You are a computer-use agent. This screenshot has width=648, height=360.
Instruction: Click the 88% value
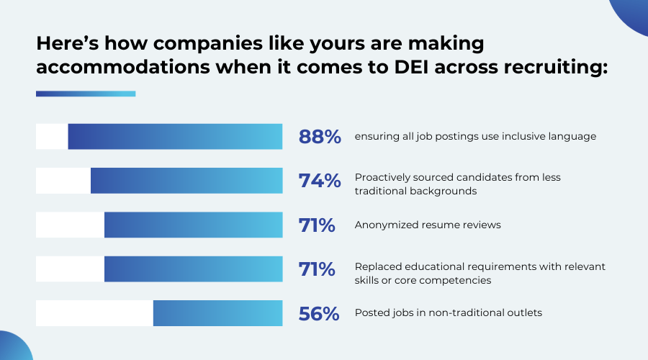tap(320, 137)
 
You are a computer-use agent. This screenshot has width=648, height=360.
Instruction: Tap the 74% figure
tap(320, 181)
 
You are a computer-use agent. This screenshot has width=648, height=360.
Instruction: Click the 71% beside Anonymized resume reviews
tap(317, 225)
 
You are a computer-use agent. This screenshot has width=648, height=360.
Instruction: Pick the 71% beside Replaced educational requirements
tap(317, 269)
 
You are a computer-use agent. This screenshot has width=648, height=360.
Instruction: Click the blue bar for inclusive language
tap(175, 137)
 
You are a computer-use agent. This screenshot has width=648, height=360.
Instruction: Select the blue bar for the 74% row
tap(186, 181)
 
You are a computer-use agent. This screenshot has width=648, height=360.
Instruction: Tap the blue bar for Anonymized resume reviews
tap(193, 225)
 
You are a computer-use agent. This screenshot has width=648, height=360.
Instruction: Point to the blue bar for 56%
tap(217, 313)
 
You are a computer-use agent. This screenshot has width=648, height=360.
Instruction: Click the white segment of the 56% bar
tap(94, 313)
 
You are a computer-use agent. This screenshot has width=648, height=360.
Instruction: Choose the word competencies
tap(452, 280)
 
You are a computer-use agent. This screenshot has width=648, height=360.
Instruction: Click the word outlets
tap(524, 313)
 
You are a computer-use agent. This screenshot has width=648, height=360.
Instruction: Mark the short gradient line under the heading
tap(86, 94)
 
